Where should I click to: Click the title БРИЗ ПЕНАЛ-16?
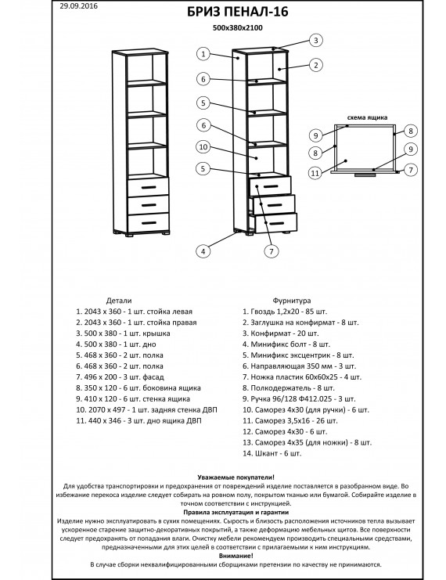click(x=237, y=12)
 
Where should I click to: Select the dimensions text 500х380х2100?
click(x=237, y=27)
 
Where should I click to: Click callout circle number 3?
click(x=315, y=41)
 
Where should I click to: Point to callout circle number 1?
click(x=203, y=54)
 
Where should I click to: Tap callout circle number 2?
click(x=316, y=65)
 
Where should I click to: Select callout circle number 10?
click(x=203, y=147)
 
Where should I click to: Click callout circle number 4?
click(x=203, y=251)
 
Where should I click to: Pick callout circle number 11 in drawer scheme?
click(x=315, y=173)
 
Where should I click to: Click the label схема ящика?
click(x=367, y=117)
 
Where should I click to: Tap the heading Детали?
click(x=119, y=301)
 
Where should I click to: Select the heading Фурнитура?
click(x=292, y=301)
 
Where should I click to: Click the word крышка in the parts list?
click(x=158, y=333)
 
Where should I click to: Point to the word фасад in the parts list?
click(x=153, y=377)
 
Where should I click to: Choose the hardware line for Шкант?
click(x=272, y=453)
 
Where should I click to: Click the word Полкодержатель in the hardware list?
click(x=281, y=388)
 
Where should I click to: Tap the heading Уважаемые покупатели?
click(x=236, y=477)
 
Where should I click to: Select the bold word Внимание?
click(x=236, y=556)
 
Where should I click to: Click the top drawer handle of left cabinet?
click(x=149, y=188)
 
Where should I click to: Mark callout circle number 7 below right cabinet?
click(x=271, y=251)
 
